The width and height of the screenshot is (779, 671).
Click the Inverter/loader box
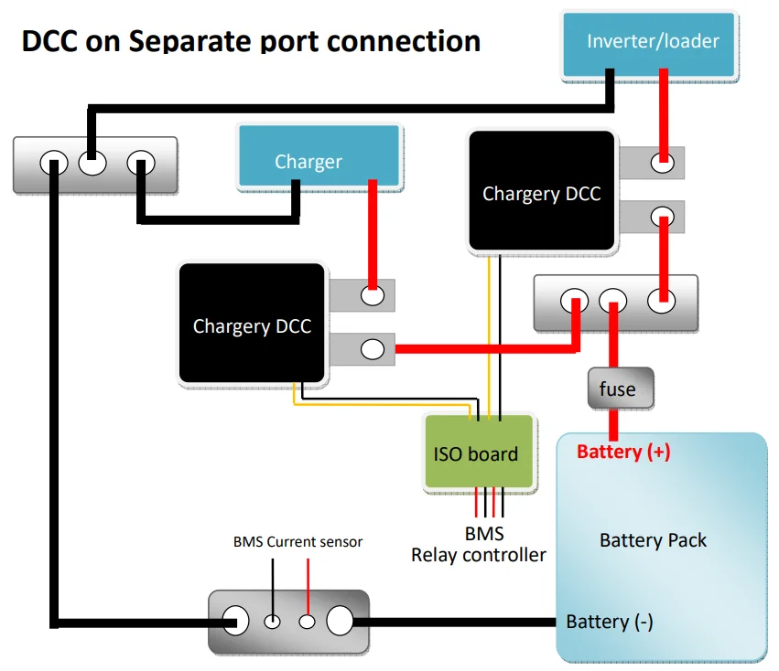point(651,42)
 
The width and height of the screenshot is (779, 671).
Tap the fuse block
point(619,389)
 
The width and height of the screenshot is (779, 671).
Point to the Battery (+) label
point(623,452)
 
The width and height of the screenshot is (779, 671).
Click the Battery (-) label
point(610,622)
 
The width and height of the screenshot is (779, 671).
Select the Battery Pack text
point(653,540)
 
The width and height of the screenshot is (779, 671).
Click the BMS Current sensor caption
point(298,542)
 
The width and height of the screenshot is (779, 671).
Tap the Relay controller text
point(479,555)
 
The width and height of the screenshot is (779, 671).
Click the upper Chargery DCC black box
point(541,192)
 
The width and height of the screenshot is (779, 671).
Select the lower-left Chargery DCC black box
point(253,325)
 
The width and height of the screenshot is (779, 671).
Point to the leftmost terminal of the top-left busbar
point(54,165)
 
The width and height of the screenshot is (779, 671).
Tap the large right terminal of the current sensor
point(340,622)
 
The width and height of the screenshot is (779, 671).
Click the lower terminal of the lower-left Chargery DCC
point(373,348)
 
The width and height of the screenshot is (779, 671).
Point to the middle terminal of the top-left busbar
point(92,165)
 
